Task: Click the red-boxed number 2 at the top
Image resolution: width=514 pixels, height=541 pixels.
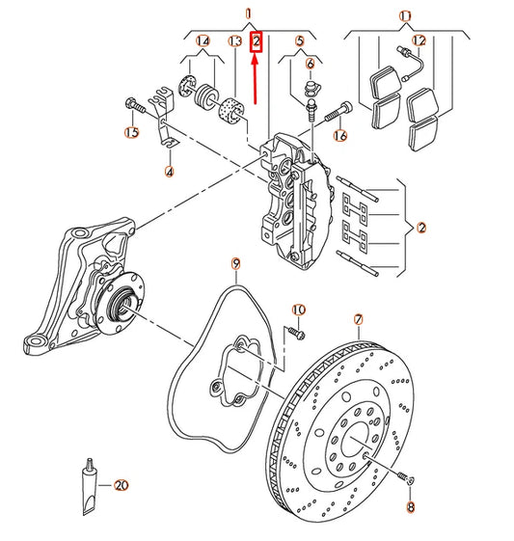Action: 256,41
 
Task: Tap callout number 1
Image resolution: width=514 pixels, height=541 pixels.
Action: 249,14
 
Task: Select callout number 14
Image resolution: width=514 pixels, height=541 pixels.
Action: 203,41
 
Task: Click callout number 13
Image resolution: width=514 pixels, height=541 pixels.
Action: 234,41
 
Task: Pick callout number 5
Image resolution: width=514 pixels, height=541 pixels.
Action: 300,41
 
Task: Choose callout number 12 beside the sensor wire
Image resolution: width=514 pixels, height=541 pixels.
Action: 419,41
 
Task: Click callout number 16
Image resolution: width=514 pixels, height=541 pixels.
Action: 338,137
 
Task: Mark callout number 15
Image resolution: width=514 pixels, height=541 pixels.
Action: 132,132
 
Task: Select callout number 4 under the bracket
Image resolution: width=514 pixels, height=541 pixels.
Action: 169,173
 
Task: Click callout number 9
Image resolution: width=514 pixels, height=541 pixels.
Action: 234,262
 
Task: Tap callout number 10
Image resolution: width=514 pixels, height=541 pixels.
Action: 299,309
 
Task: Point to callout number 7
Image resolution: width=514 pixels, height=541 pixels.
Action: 358,319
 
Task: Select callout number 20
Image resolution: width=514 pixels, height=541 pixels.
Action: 121,485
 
